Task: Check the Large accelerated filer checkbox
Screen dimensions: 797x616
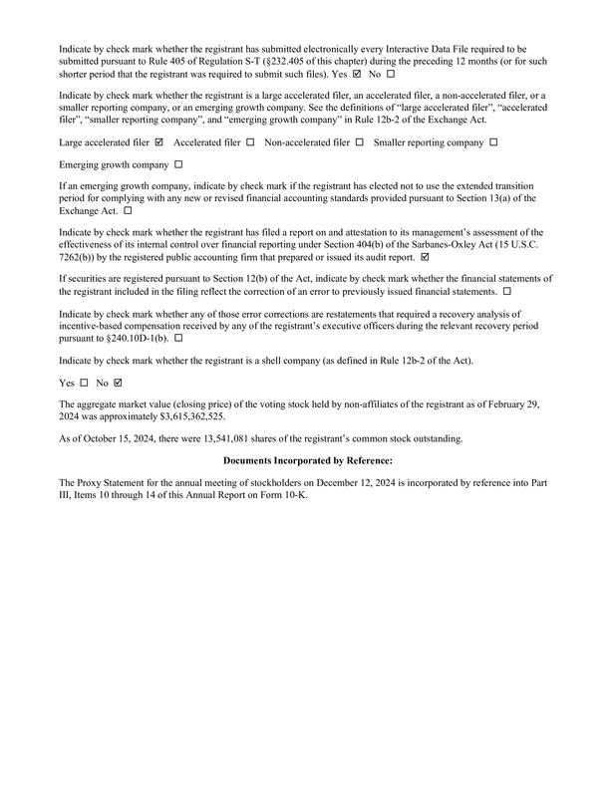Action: tap(159, 142)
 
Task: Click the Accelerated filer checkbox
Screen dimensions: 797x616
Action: tap(250, 142)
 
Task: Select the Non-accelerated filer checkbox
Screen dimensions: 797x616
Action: tap(359, 142)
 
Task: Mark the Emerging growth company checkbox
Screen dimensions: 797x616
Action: tap(178, 163)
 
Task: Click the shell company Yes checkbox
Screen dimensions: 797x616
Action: tap(84, 383)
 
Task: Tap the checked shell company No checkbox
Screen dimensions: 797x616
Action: tap(120, 383)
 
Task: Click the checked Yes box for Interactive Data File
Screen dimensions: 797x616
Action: tap(357, 74)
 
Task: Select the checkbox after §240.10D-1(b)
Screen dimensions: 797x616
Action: tap(178, 338)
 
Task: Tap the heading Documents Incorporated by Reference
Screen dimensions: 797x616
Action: tap(308, 460)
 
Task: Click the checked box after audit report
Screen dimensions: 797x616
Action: tap(426, 256)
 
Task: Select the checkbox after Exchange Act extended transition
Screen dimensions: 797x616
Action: tap(128, 211)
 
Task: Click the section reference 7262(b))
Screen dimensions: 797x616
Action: tap(81, 256)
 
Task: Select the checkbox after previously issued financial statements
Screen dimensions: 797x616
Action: tap(507, 291)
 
